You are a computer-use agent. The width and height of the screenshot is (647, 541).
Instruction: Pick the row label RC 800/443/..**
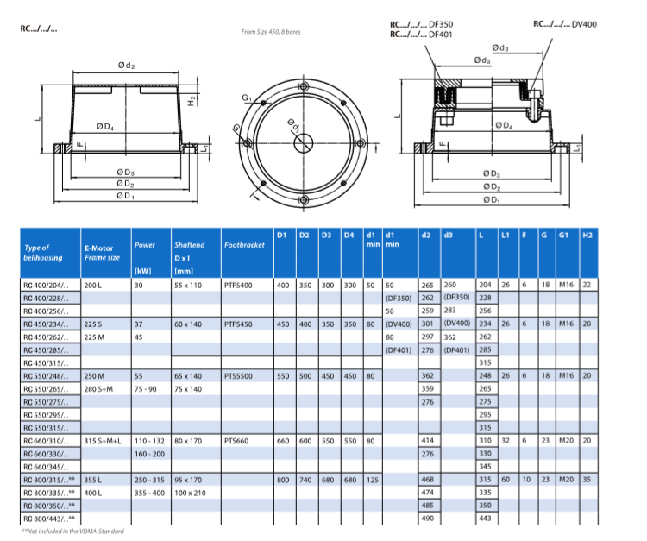coord(44,518)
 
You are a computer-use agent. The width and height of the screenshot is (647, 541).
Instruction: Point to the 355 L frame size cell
coord(94,479)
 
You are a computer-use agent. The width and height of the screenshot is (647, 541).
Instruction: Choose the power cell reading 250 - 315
coord(148,479)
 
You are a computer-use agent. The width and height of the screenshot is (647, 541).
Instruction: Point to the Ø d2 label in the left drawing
coord(126,66)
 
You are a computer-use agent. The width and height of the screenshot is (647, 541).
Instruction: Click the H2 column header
coord(588,235)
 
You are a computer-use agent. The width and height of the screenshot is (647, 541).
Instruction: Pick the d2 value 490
coord(426,518)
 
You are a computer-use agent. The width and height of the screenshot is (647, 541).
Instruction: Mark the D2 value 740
coord(305,479)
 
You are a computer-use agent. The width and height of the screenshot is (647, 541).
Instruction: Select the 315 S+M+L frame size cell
coord(101,440)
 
